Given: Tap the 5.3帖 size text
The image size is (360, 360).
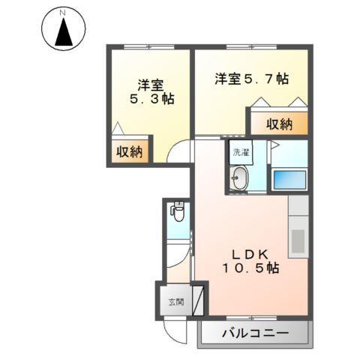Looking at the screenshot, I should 149,98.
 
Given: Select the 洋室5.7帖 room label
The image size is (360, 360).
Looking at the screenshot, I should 251,78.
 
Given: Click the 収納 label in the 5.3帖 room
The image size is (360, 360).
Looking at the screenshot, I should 129,151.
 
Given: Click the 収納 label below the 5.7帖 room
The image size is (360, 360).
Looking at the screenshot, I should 278,124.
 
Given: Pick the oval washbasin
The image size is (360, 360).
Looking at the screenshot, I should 241,178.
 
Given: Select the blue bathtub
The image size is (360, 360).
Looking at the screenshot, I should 289,179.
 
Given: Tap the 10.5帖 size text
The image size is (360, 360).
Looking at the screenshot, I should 250,267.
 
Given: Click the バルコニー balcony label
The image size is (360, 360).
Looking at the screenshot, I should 256,333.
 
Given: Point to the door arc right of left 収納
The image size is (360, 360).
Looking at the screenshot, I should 176,152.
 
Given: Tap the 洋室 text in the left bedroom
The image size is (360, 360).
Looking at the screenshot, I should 149,84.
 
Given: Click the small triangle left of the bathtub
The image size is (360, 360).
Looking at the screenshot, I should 274,144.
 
